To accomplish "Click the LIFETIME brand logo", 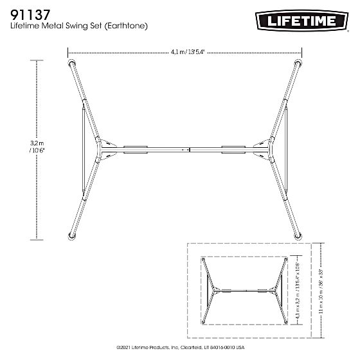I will coord(300,21).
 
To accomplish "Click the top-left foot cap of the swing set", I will coord(71,64).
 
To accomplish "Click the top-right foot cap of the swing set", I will coord(298,64).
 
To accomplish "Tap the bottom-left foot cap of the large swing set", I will coord(72,235).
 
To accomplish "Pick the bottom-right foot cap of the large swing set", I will coord(298,235).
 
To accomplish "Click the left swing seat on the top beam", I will coord(135,149).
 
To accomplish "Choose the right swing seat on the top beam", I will coord(233,149).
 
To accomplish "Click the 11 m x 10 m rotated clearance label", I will coord(320,290).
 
